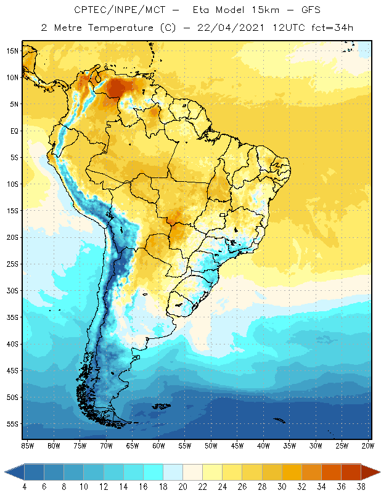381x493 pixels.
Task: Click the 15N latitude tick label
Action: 12,51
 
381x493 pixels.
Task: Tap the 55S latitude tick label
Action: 12,424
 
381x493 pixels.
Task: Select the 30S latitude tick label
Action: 12,290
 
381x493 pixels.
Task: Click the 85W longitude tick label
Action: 28,446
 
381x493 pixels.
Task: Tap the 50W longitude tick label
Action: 211,446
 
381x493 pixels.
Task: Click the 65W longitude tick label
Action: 133,446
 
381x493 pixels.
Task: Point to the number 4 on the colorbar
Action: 24,487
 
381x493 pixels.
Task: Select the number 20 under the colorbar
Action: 182,487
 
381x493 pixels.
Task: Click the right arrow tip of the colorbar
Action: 378,472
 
